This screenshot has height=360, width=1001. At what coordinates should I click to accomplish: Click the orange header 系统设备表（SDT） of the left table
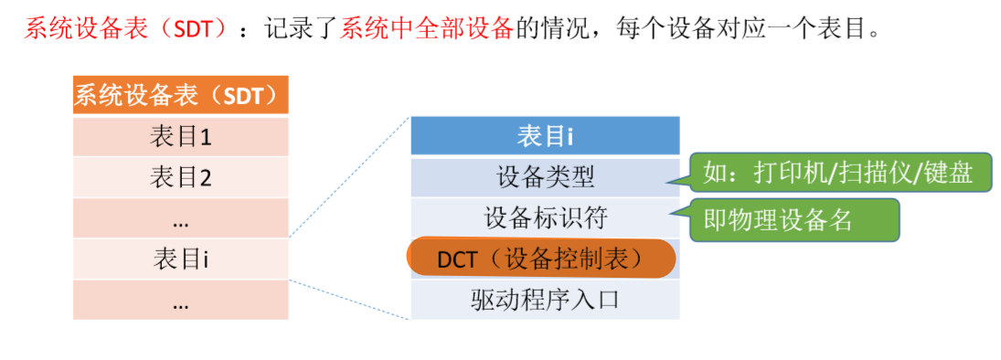coord(180,94)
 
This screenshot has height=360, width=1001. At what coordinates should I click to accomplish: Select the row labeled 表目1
coord(180,137)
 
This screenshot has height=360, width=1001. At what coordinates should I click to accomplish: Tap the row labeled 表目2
coord(180,176)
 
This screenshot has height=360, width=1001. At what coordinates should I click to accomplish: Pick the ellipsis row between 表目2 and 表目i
coord(180,219)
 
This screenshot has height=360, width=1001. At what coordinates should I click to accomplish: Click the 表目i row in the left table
coord(180,259)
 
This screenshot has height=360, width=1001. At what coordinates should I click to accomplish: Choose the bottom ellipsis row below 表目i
coord(180,301)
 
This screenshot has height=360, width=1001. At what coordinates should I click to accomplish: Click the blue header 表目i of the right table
coord(545,136)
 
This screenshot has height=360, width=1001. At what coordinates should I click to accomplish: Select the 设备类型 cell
coord(545,177)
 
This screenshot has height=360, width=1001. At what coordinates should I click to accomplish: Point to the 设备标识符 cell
coord(545,218)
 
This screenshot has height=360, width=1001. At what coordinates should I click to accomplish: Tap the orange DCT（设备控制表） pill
coord(540,259)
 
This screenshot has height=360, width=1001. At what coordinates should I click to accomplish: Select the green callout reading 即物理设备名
coord(793,220)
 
